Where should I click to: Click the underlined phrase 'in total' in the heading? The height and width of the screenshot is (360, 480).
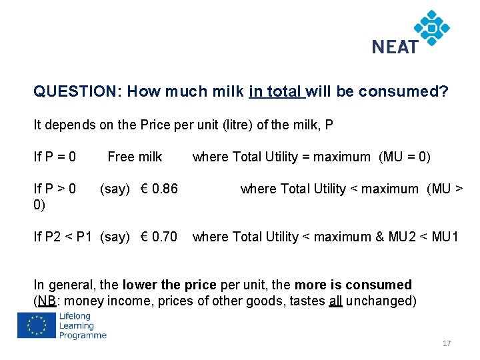[x=275, y=91]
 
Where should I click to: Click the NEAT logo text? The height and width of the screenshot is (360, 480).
[x=395, y=47]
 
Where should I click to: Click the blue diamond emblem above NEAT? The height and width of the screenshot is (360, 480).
[x=431, y=27]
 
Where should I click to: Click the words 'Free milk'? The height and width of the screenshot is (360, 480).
[x=135, y=157]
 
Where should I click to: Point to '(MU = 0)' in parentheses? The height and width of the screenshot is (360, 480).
[x=405, y=157]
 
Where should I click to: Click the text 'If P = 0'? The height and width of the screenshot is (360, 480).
[x=55, y=157]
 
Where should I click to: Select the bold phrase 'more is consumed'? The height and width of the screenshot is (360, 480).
[x=353, y=285]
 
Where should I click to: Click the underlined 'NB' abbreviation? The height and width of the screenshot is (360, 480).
[x=46, y=301]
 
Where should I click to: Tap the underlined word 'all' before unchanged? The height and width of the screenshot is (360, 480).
[x=335, y=301]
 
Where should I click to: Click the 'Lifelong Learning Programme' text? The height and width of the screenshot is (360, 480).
[x=82, y=325]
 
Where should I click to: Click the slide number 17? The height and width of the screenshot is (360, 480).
[x=446, y=343]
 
